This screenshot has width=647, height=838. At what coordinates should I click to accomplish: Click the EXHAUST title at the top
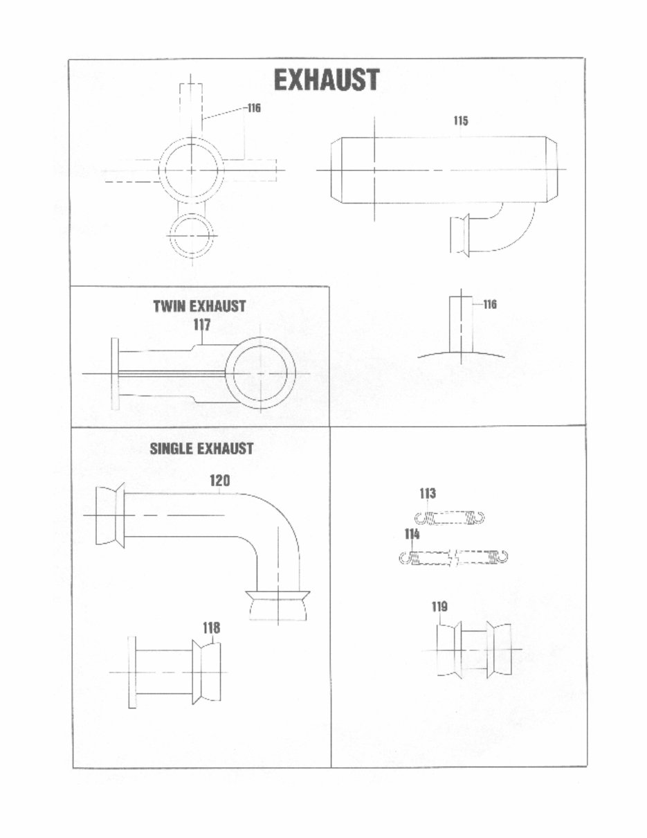327,80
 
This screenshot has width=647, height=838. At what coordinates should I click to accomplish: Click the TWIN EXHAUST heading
199,306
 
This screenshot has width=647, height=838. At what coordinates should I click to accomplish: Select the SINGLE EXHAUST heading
201,449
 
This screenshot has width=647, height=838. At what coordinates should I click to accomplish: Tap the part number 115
461,121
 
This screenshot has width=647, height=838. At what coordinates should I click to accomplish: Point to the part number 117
201,325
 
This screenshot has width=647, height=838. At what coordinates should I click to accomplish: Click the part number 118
211,627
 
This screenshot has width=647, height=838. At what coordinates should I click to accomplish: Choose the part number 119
439,607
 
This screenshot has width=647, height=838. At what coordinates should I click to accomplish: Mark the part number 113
428,494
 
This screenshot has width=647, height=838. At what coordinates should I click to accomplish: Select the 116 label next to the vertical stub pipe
490,304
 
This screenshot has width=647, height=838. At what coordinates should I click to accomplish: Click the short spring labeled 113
450,517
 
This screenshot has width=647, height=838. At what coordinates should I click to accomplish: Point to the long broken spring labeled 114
454,557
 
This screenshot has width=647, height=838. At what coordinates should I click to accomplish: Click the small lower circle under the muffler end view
192,235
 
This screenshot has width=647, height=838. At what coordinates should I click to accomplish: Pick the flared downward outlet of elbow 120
277,604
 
